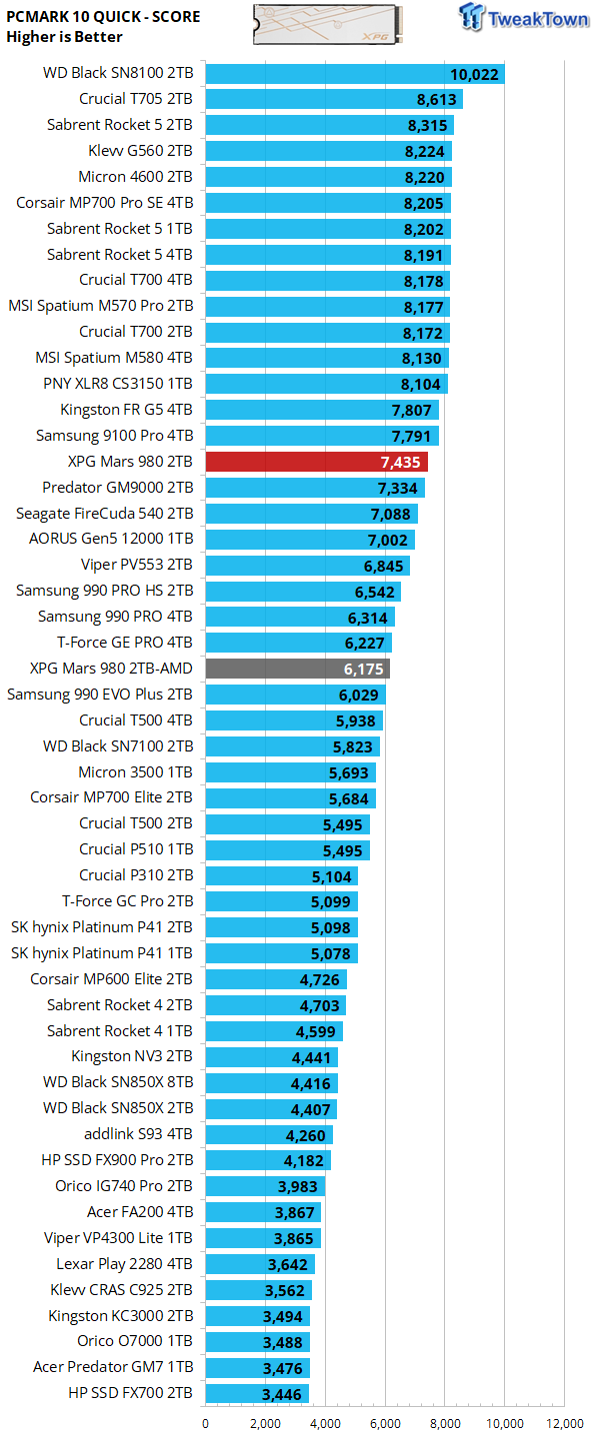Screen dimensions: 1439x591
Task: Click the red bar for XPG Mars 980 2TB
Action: tap(316, 462)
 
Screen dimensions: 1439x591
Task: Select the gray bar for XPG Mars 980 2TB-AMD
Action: tap(297, 669)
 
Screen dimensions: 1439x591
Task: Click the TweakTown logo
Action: tap(523, 18)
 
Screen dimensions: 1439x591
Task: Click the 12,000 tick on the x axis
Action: tap(565, 1424)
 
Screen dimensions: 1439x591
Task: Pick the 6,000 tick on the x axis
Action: tap(385, 1424)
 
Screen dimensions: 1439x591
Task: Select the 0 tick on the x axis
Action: tap(206, 1424)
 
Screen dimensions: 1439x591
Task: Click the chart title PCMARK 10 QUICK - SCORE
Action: tap(103, 17)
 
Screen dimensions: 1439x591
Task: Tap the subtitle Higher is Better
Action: tap(64, 37)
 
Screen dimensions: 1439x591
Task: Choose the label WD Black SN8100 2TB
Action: tap(118, 73)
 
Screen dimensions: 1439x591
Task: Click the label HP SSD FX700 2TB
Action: tap(130, 1393)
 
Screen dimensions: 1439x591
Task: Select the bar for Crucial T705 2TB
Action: tap(334, 99)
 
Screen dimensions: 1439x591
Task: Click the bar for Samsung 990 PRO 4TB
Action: tap(300, 617)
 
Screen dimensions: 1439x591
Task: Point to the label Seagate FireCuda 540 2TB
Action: tap(104, 514)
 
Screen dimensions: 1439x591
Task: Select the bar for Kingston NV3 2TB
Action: tap(271, 1056)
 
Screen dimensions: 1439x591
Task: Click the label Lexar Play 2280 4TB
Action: tap(124, 1263)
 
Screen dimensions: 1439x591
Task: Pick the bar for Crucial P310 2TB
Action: tap(281, 875)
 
